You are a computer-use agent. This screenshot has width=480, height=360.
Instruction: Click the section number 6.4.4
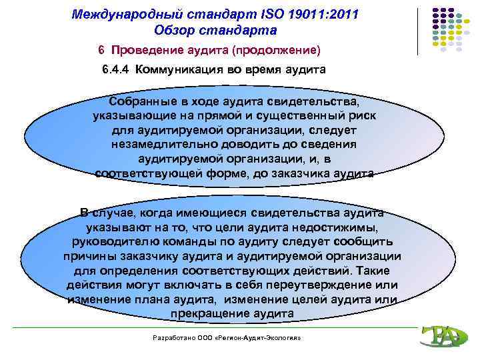[117, 70]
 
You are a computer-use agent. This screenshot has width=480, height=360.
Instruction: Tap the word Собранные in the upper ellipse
[142, 102]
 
